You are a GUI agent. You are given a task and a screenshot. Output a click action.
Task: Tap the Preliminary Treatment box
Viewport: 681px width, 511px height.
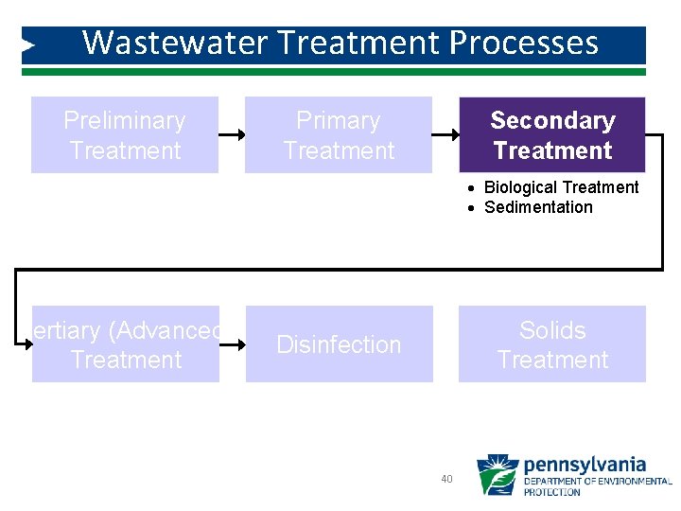click(x=125, y=135)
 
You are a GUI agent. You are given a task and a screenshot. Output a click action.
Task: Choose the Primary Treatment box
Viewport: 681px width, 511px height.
click(x=339, y=135)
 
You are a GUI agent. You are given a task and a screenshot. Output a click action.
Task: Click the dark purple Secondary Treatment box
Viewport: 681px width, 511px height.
click(x=552, y=135)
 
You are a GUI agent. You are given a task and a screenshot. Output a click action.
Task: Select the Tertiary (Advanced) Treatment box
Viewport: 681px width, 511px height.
click(x=126, y=344)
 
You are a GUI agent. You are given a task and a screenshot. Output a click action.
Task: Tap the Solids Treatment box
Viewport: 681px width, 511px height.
click(x=552, y=344)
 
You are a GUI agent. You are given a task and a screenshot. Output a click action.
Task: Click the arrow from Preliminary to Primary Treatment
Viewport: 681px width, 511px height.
click(x=232, y=135)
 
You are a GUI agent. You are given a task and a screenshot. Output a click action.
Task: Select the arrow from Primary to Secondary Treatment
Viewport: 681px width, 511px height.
click(x=445, y=135)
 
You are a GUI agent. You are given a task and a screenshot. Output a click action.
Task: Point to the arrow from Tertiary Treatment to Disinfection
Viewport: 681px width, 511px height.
click(x=233, y=344)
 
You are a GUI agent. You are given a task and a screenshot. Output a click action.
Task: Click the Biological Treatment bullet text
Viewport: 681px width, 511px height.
click(x=561, y=187)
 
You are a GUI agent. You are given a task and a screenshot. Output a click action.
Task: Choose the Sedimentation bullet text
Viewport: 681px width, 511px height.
click(x=538, y=207)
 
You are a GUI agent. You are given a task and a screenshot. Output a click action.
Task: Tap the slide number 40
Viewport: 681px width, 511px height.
click(x=446, y=480)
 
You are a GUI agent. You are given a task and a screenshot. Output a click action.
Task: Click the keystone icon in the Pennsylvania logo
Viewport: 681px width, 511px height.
click(x=497, y=475)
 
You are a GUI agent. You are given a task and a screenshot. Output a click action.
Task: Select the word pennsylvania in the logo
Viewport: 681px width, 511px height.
click(x=585, y=465)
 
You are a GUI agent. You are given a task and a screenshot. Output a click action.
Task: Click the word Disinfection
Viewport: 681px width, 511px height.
click(x=339, y=344)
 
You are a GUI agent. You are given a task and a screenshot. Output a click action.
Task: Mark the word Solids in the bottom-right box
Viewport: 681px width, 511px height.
click(x=552, y=330)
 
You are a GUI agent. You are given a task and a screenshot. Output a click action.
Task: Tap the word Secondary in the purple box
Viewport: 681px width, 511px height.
click(x=552, y=121)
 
